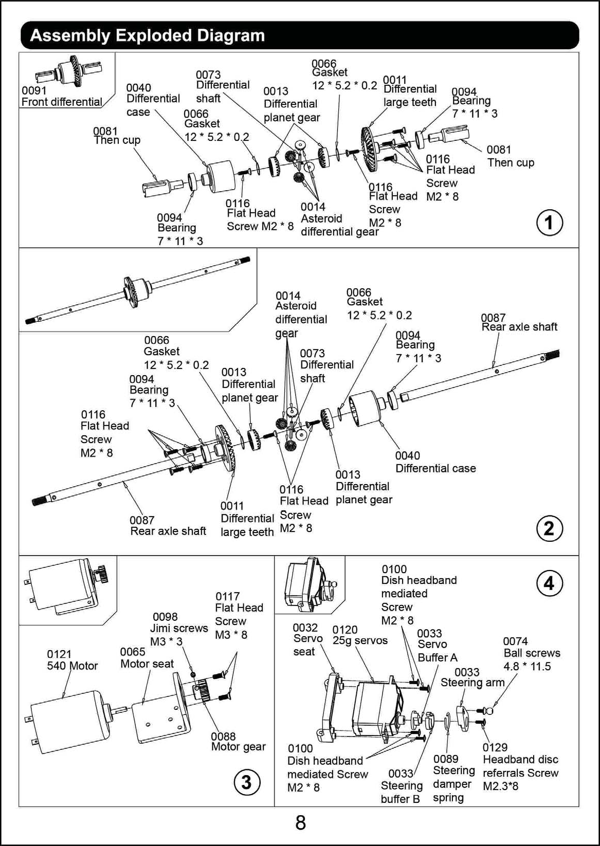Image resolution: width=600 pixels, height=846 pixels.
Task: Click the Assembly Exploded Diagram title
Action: click(148, 35)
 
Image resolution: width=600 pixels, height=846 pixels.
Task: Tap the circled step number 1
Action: click(549, 223)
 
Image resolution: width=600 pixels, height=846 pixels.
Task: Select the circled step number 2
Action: click(549, 528)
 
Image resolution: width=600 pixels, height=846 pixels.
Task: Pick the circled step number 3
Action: click(246, 782)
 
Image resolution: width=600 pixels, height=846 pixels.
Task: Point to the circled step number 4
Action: click(549, 583)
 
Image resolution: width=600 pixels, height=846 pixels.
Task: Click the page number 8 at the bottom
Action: click(300, 823)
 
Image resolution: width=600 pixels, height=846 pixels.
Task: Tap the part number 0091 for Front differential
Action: click(34, 90)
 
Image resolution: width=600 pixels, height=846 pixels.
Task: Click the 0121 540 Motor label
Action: click(72, 660)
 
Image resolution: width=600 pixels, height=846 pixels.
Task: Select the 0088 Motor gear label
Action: click(238, 742)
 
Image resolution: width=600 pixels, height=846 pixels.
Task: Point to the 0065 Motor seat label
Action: click(147, 658)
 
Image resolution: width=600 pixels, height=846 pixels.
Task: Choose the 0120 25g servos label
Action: click(359, 635)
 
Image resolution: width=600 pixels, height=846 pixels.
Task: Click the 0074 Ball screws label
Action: click(531, 653)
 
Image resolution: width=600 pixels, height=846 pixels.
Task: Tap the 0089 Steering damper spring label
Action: click(453, 778)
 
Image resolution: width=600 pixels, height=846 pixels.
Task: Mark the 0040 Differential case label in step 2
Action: click(435, 462)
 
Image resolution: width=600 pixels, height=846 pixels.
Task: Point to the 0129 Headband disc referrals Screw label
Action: click(520, 766)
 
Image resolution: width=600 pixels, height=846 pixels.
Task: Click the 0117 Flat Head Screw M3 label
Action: click(239, 615)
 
